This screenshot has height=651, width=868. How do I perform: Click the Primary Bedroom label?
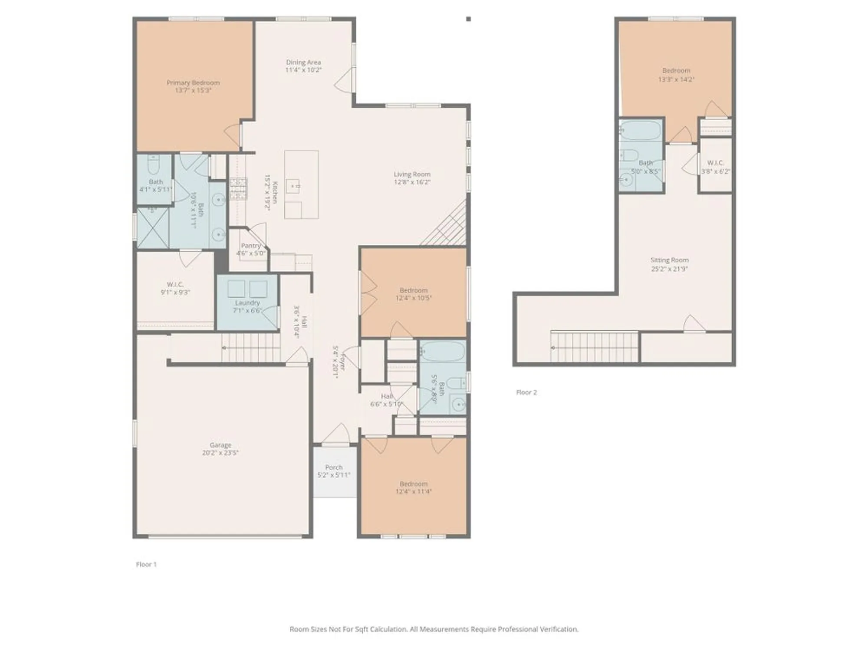193,82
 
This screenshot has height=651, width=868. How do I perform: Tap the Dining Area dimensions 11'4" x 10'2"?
303,70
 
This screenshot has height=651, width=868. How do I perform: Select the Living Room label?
412,174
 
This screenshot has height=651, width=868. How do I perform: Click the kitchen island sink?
296,186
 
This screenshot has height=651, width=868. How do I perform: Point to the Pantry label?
250,246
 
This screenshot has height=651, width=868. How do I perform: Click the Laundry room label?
247,302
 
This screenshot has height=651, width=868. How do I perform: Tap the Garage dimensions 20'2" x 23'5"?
220,453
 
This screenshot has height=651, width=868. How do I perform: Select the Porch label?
334,467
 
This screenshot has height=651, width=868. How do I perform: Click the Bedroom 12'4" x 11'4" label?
414,483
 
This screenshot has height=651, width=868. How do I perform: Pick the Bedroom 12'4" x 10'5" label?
414,290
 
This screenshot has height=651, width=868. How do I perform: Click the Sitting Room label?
669,260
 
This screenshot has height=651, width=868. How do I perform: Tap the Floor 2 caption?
526,392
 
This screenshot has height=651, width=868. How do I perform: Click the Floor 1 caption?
146,564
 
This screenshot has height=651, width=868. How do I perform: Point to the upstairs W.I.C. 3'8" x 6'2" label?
715,163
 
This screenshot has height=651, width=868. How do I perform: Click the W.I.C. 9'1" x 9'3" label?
175,284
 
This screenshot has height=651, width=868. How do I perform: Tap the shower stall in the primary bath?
153,228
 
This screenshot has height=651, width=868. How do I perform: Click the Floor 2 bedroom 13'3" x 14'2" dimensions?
676,79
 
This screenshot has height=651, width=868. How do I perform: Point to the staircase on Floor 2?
595,346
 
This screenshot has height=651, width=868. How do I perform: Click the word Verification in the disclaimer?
559,629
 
